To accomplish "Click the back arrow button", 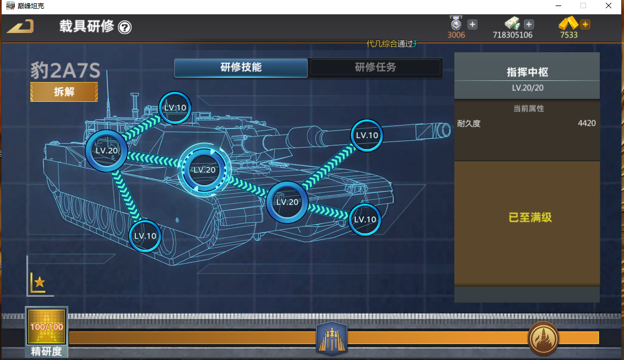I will (20, 26).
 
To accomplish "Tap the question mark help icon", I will (125, 27).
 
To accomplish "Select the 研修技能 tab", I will (241, 68).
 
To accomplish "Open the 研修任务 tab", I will (375, 68).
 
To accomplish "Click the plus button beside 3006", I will (473, 24).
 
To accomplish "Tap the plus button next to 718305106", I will (529, 24).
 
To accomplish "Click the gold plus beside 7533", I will (585, 24).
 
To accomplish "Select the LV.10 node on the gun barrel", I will (367, 135).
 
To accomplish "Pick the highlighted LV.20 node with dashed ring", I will (204, 170).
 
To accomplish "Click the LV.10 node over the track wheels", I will (145, 236).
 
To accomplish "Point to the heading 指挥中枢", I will (527, 72).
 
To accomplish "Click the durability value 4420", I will (587, 123).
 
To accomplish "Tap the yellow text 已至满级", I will (530, 217).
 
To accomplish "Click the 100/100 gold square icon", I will (47, 326).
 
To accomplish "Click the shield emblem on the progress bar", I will (332, 337).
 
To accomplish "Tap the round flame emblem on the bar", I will (543, 337).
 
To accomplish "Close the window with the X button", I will (609, 6).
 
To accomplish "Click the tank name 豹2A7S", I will (65, 71).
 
